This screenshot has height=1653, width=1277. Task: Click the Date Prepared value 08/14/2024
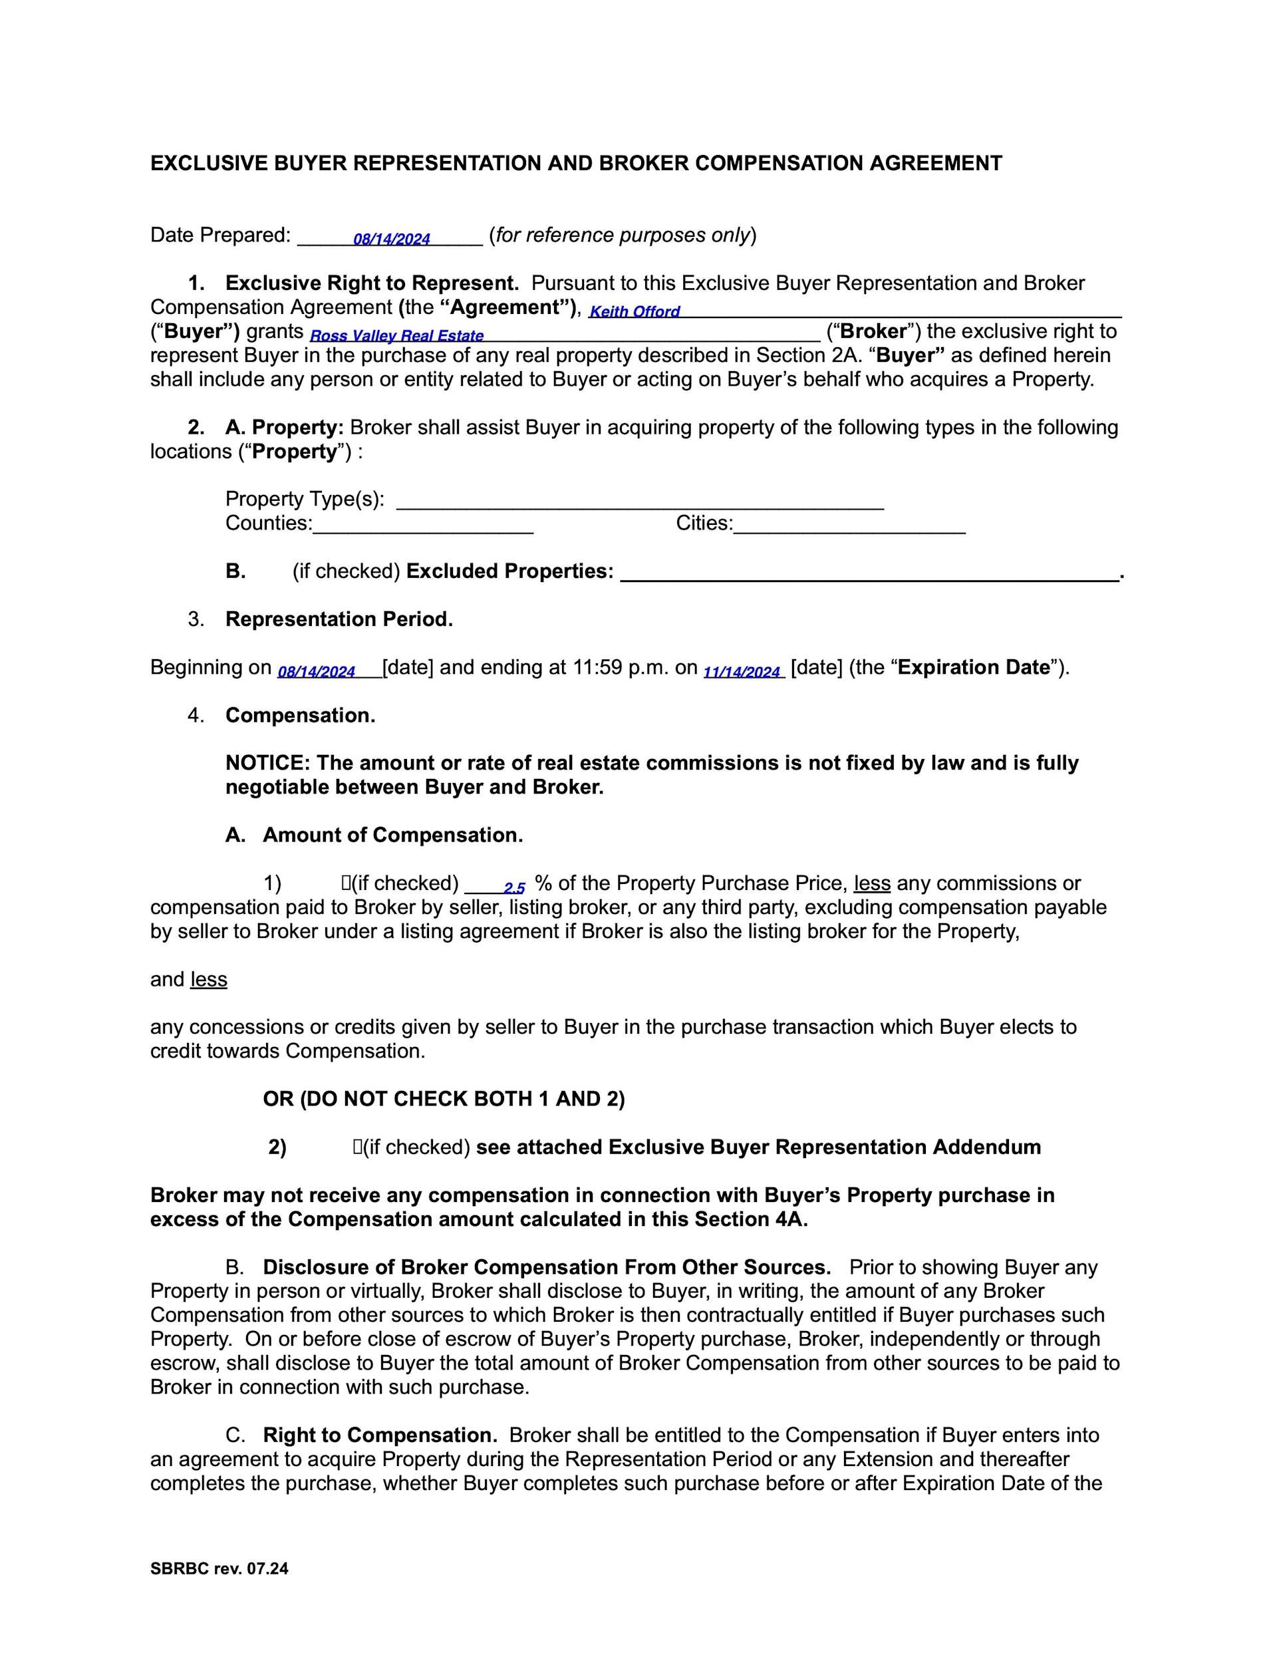point(391,240)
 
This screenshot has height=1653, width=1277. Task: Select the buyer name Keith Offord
point(635,312)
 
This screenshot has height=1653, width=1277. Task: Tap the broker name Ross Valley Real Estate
point(396,336)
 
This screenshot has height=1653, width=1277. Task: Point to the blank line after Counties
point(422,526)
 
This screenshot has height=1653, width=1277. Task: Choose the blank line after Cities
point(849,526)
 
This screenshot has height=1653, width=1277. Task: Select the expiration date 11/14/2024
point(742,672)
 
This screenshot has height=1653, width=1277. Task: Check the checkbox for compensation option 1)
point(345,883)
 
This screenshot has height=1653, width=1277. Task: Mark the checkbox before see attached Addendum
point(356,1147)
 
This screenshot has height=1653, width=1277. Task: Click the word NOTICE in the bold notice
point(267,763)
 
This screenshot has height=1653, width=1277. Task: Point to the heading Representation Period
point(339,619)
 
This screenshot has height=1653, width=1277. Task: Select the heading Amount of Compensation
point(392,835)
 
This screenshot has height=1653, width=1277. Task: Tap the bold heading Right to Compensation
point(380,1435)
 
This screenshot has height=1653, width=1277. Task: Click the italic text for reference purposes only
point(623,235)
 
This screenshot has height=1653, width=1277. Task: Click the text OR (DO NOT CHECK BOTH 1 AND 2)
point(444,1099)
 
